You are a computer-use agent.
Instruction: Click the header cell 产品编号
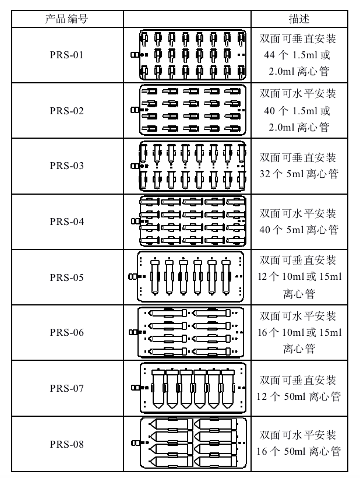point(67,19)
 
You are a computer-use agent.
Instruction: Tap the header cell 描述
point(299,19)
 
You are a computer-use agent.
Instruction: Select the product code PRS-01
point(67,55)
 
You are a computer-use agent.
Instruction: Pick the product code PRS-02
point(67,111)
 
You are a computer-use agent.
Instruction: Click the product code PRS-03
point(67,166)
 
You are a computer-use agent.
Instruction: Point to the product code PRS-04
point(67,222)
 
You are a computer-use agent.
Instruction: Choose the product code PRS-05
point(67,277)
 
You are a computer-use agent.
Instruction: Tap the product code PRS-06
point(67,332)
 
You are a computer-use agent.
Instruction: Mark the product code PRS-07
point(67,388)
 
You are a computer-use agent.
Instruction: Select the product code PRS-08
point(67,444)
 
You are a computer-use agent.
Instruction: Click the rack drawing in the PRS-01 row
point(189,55)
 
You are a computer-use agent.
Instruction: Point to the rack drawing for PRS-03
point(189,166)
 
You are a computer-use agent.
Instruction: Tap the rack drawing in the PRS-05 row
point(186,277)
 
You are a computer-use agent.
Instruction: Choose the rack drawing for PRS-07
point(189,388)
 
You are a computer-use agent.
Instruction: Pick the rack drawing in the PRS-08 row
point(189,443)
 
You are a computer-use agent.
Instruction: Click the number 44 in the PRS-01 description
point(270,55)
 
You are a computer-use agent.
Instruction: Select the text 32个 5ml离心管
point(299,174)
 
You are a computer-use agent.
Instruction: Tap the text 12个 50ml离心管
point(299,396)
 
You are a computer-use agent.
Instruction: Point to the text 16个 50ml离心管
point(299,451)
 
